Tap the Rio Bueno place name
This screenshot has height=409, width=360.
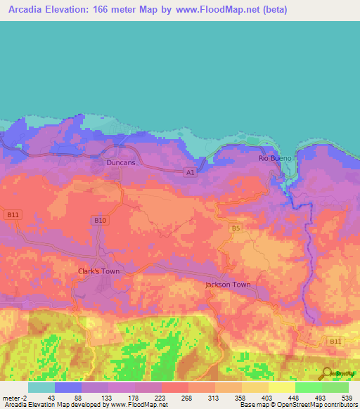pos(274,158)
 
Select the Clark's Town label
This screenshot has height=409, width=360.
pos(98,271)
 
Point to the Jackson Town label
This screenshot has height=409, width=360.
pos(227,285)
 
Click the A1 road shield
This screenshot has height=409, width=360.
pos(190,171)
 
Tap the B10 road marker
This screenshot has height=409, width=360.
pos(100,221)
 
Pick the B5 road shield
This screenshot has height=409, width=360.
pos(236,228)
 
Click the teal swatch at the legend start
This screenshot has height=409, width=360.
pos(41,387)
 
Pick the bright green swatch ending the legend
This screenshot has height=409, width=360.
pos(335,387)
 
